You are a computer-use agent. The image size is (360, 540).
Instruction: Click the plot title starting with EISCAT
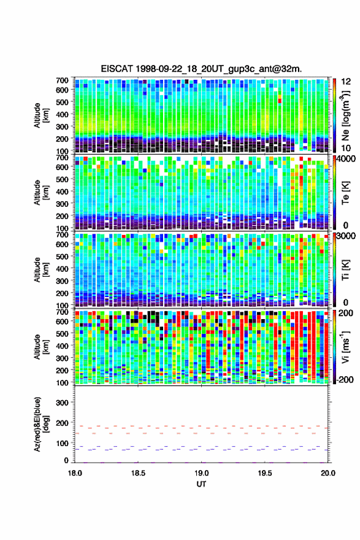(x=201, y=69)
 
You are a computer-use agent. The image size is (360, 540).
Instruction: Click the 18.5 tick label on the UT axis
(x=138, y=473)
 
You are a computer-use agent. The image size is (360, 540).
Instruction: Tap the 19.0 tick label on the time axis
(x=201, y=473)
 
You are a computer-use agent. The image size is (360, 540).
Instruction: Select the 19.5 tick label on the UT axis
(x=265, y=473)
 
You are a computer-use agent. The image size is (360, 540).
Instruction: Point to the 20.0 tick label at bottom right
(x=328, y=473)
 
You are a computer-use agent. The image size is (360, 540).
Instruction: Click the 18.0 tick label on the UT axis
(x=75, y=473)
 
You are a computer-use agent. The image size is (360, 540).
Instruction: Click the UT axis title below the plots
(x=201, y=484)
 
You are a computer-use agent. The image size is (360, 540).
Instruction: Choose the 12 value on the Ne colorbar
(x=345, y=82)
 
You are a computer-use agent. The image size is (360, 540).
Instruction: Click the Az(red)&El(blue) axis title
(x=40, y=424)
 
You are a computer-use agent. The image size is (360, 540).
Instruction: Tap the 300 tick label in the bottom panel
(x=63, y=403)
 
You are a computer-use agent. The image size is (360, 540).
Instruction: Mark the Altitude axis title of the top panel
(x=40, y=115)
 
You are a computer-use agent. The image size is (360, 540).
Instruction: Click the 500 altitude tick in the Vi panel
(x=63, y=333)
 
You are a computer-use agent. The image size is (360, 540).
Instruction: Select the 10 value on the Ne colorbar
(x=345, y=148)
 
